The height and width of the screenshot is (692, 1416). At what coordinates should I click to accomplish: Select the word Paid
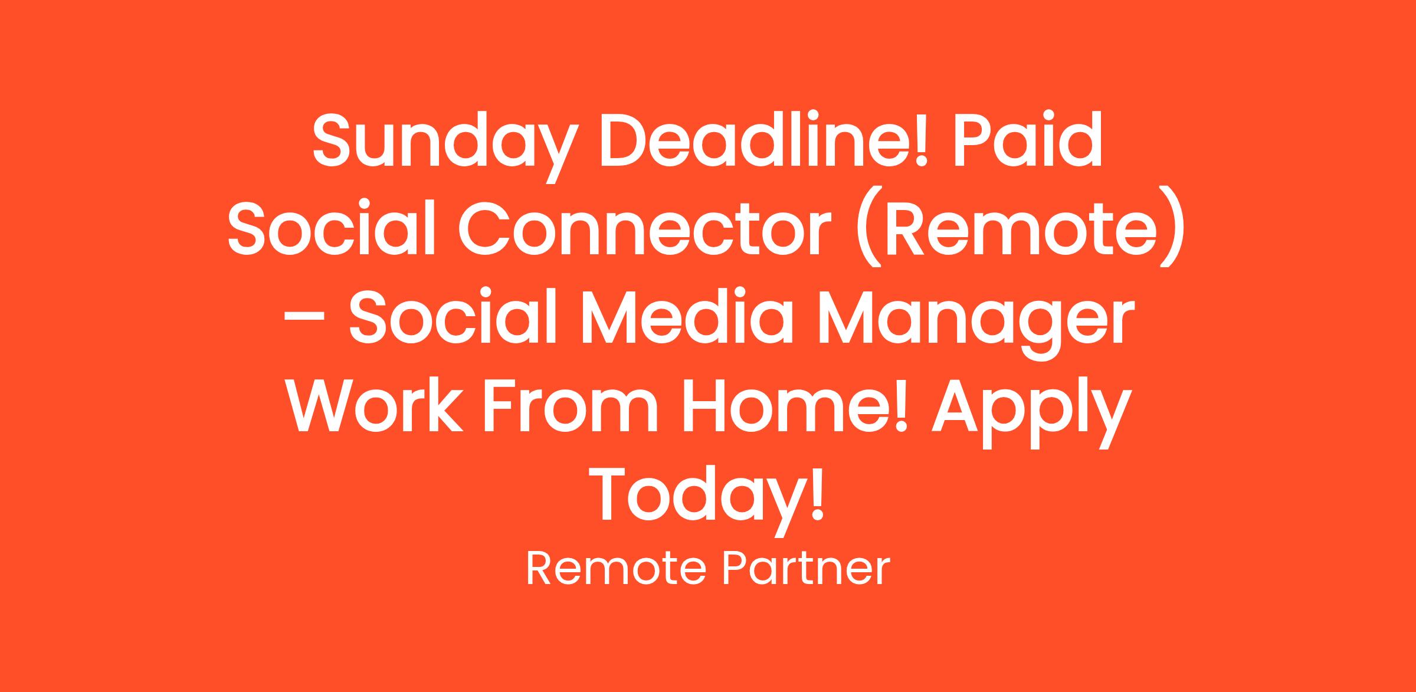[1027, 140]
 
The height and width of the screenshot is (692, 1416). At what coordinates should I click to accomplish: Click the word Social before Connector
[331, 227]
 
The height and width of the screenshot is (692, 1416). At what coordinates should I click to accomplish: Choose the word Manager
[976, 322]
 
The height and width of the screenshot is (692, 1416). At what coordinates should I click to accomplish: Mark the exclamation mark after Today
[817, 491]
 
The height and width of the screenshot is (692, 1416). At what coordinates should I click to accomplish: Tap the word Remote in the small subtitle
[615, 569]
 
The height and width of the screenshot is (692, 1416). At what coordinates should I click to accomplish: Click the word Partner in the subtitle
[807, 569]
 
